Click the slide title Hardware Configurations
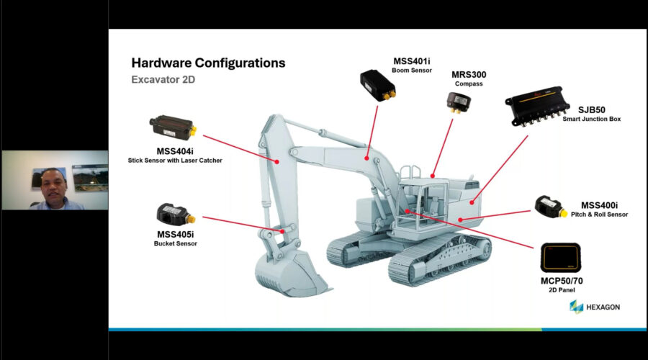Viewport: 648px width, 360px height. [x=208, y=63]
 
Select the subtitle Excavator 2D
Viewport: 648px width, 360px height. [x=163, y=80]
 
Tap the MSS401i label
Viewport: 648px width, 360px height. [x=410, y=60]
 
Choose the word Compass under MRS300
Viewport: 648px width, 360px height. [x=468, y=84]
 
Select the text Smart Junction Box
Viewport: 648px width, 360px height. [x=592, y=119]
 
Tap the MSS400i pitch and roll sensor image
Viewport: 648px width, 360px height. [x=553, y=207]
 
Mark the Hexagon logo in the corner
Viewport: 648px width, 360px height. [x=594, y=307]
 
